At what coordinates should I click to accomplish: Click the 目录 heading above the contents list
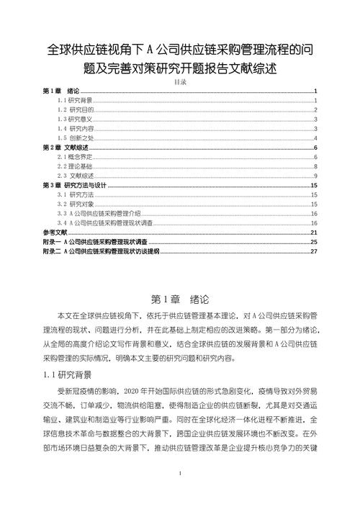(x=180, y=83)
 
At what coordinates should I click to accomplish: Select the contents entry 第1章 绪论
(x=60, y=91)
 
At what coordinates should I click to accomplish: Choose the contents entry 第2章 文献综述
(x=66, y=147)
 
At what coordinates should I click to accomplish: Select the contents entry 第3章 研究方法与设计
(x=75, y=185)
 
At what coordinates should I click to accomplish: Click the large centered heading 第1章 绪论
(x=179, y=298)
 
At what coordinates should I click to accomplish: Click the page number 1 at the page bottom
(x=180, y=495)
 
